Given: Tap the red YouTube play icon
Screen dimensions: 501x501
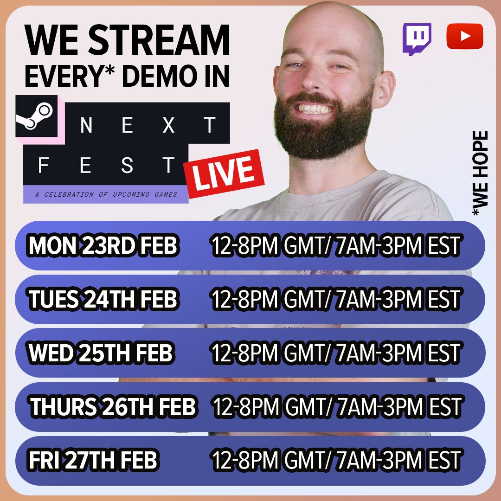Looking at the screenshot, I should click(x=464, y=36).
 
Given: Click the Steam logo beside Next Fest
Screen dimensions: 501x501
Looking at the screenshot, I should click(x=36, y=116).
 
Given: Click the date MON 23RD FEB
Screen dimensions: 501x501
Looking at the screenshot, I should click(x=103, y=246).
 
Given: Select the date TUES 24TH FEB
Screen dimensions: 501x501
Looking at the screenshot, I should click(x=103, y=300).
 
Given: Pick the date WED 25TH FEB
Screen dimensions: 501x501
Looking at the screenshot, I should click(x=101, y=353).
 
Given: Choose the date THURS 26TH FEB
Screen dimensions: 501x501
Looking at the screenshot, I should click(x=113, y=407).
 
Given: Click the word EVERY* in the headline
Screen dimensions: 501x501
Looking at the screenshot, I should click(x=63, y=77).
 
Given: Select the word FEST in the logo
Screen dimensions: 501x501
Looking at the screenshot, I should click(x=107, y=166).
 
